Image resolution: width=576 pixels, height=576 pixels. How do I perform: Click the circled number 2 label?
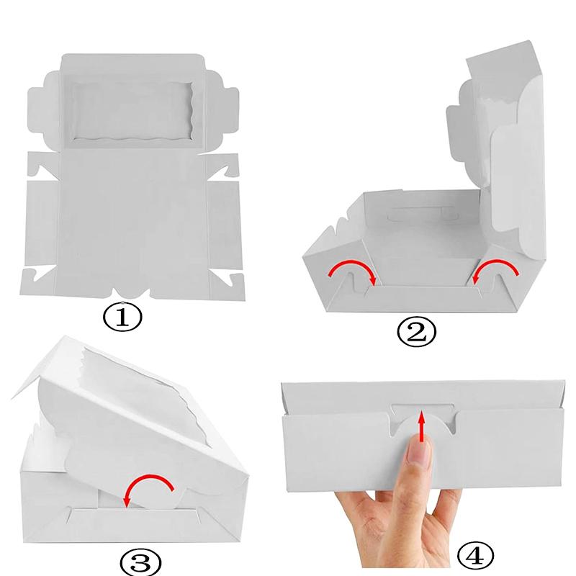(x=416, y=331)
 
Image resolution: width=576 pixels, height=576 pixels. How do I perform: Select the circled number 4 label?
(x=476, y=554)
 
